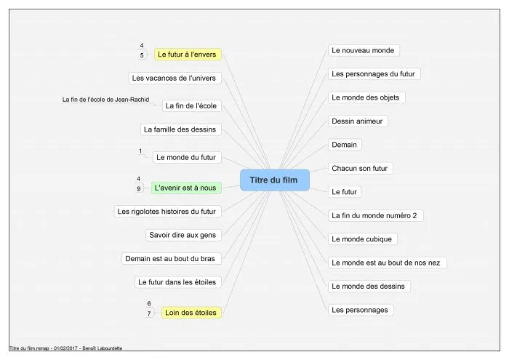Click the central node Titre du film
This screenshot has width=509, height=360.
[275, 180]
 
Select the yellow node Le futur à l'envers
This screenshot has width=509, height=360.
[188, 55]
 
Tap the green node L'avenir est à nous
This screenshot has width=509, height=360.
[186, 188]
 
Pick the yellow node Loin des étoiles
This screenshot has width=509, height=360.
[191, 312]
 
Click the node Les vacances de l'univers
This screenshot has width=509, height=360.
[175, 78]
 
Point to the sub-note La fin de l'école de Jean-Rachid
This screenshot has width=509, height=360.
[106, 100]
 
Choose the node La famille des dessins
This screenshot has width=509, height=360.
[181, 129]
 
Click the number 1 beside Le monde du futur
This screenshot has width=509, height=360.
[140, 151]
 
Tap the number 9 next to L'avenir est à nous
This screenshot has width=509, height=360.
[139, 188]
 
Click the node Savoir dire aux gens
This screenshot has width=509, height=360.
[183, 235]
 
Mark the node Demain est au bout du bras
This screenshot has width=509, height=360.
[172, 258]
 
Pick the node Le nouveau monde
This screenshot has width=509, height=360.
[364, 50]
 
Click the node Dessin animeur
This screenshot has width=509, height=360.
[358, 121]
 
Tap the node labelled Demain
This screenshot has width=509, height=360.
[345, 145]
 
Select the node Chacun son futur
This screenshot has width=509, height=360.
[361, 168]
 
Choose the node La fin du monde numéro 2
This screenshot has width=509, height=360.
[376, 215]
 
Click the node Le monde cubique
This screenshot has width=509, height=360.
[363, 239]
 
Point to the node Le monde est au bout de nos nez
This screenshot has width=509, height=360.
[388, 263]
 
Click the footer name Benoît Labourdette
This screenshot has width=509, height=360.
[103, 348]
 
